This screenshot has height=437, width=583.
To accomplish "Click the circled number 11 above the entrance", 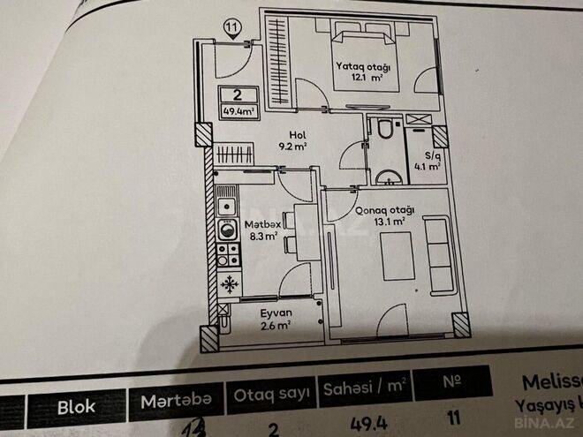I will (x=231, y=27).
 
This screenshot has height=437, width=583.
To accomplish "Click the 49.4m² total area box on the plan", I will (x=238, y=111).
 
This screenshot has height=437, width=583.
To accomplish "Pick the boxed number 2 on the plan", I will (x=238, y=95).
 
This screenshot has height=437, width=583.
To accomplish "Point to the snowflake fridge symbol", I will (x=230, y=283).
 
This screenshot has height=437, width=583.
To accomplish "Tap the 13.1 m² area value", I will (x=388, y=222).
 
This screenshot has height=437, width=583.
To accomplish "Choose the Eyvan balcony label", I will (x=276, y=313).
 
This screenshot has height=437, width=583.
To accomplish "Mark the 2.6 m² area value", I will (x=276, y=326).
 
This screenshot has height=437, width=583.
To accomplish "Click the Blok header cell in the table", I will (x=77, y=408).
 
